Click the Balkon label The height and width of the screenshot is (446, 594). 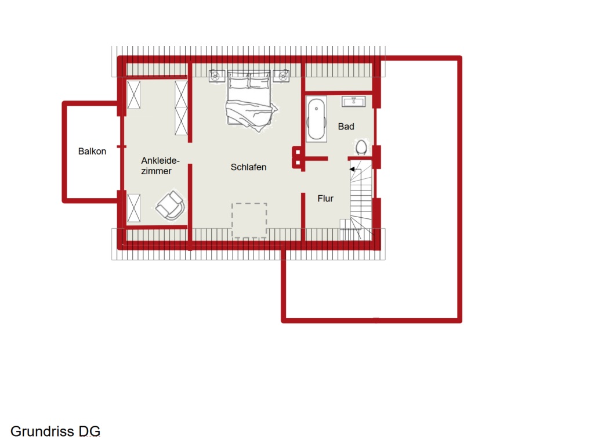point(92,152)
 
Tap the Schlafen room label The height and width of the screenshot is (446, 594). point(248,167)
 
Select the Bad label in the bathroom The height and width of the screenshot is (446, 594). point(346,127)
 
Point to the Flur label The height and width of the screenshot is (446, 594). point(325,199)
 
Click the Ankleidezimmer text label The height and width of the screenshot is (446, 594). point(160,166)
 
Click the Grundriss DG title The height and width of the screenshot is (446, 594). point(55,431)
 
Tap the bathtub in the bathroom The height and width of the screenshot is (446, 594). point(316,118)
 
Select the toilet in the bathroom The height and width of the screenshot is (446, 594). point(361,147)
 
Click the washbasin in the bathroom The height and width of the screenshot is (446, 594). point(354,102)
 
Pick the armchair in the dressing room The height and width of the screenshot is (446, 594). point(171,206)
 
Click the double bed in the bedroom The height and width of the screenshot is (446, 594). point(249,101)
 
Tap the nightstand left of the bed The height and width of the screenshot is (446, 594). point(217,76)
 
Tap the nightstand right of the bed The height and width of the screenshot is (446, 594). point(281,76)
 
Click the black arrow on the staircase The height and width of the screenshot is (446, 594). point(352,169)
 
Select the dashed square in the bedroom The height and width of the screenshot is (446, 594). point(249,221)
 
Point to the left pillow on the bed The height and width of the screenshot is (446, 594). point(238,81)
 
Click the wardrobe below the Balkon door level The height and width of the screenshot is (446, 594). point(134,208)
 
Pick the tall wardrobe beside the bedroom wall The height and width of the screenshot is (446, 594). point(181,107)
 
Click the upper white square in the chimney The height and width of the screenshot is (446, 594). point(298,153)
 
